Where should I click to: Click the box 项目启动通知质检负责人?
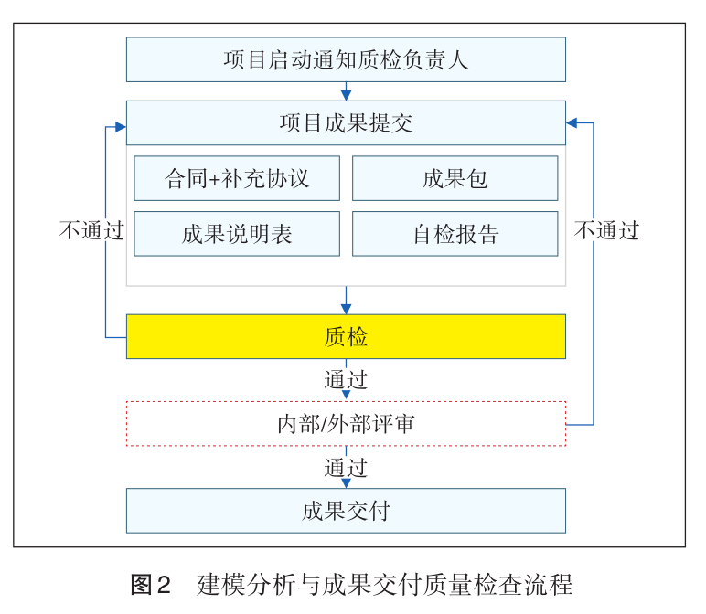click(x=346, y=60)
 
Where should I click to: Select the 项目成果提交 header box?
click(x=346, y=122)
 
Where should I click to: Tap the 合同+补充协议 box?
click(x=237, y=178)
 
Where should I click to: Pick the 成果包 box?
click(x=455, y=178)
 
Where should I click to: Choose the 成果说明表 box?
click(x=237, y=234)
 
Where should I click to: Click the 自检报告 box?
click(x=455, y=234)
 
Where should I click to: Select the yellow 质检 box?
click(x=346, y=336)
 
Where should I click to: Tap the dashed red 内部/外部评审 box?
click(x=346, y=424)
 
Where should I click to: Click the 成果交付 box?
click(x=346, y=511)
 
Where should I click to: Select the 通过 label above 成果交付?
click(x=346, y=468)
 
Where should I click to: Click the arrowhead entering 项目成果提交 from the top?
click(x=346, y=95)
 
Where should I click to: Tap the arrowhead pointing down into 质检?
click(x=346, y=309)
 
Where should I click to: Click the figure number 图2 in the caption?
click(x=151, y=583)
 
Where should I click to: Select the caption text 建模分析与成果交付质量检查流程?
click(x=384, y=583)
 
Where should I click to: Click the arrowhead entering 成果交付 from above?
click(x=346, y=482)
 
